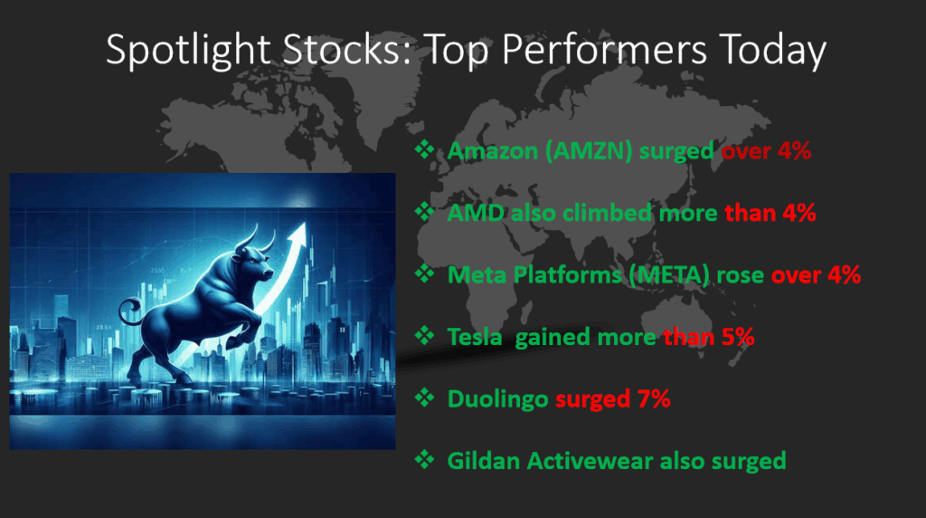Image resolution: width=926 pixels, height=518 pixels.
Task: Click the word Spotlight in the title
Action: tap(188, 50)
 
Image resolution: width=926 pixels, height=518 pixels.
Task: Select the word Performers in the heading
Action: tap(604, 49)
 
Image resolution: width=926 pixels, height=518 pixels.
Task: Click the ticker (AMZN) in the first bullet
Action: tap(589, 151)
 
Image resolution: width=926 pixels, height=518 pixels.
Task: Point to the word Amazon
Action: tap(493, 151)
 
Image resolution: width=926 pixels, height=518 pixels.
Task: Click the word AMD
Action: tap(476, 213)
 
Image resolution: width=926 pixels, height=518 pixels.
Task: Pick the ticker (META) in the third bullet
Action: tap(668, 275)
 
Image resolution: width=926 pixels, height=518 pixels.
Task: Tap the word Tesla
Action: tap(475, 337)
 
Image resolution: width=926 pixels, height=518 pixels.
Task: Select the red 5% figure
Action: tap(738, 337)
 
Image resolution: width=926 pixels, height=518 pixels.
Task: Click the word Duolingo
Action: tap(498, 399)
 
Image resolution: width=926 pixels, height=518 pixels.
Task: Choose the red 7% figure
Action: tap(654, 399)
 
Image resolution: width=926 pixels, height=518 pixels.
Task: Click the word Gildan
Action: tap(484, 461)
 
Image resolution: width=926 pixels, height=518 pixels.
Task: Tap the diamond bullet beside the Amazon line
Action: tap(424, 149)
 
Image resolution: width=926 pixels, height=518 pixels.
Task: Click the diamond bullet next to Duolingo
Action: tap(424, 398)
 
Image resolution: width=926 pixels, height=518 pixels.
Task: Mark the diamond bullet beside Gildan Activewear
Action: tap(424, 459)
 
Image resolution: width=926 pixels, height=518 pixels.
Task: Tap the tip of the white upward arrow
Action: tap(305, 223)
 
